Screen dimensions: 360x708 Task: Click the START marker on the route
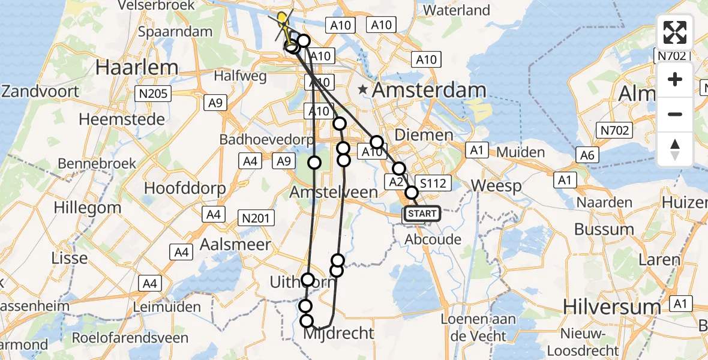pos(422,214)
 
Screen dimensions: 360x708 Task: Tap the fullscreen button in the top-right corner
pos(675,33)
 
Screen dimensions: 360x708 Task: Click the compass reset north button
pos(675,149)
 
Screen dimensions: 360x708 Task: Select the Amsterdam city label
pos(429,91)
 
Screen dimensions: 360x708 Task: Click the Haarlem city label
pos(137,67)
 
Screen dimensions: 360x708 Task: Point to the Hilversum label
pos(611,307)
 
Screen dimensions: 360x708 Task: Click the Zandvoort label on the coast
pos(40,92)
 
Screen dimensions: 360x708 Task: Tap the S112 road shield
pos(433,184)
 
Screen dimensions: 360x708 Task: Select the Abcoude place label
pos(433,239)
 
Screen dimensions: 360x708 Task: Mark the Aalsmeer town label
pos(235,244)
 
